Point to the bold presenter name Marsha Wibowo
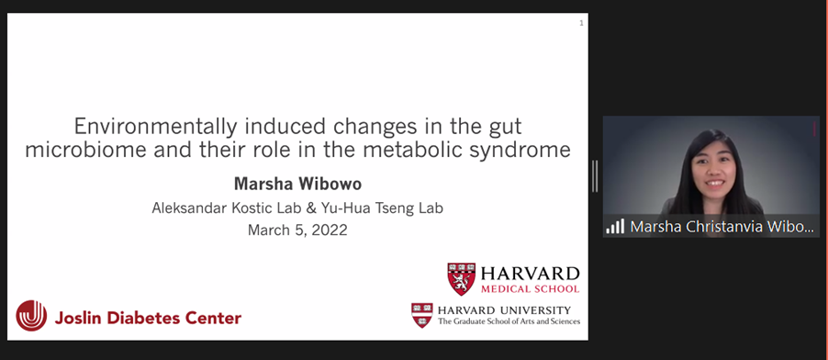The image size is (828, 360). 297,184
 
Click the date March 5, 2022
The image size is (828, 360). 297,230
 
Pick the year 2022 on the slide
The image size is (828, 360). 330,230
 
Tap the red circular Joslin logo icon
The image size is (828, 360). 31,316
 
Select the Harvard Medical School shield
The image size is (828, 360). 461,278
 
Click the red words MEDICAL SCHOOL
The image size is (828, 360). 530,288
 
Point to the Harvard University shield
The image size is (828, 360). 422,315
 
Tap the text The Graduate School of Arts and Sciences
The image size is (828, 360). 509,321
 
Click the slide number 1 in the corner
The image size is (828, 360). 581,23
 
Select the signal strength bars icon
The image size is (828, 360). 615,226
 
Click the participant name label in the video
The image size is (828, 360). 722,227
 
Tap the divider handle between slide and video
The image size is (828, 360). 595,176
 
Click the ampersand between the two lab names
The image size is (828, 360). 311,208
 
